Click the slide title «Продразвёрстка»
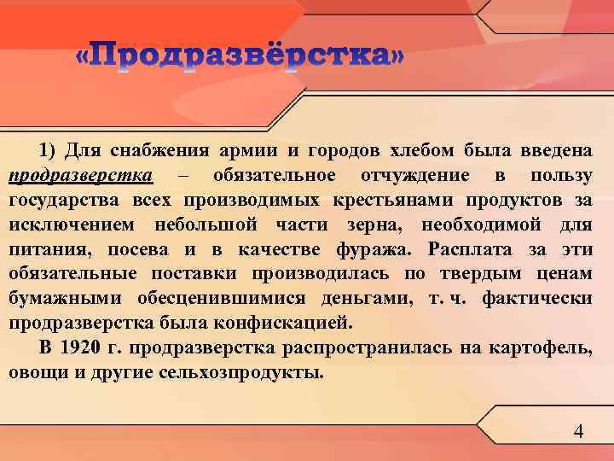(240, 58)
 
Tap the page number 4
(579, 432)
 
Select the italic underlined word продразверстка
(81, 176)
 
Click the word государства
(66, 201)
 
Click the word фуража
(373, 250)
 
